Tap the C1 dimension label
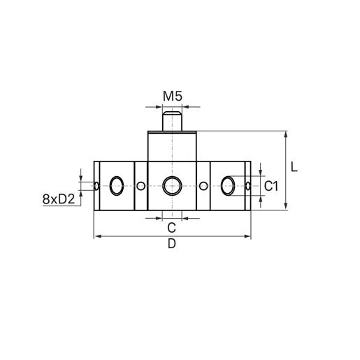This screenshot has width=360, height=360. pyautogui.click(x=272, y=186)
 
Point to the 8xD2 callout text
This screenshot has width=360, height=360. pyautogui.click(x=59, y=199)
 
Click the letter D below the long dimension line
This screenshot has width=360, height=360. pyautogui.click(x=172, y=244)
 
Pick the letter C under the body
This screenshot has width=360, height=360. pyautogui.click(x=171, y=227)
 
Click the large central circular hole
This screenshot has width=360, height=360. pyautogui.click(x=172, y=186)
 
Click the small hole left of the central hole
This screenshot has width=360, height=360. pyautogui.click(x=141, y=186)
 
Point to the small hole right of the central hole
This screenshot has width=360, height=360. pyautogui.click(x=203, y=186)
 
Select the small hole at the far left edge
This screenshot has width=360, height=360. pyautogui.click(x=96, y=186)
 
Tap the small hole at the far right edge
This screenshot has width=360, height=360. pyautogui.click(x=248, y=186)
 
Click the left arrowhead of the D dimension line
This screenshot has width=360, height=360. pyautogui.click(x=96, y=237)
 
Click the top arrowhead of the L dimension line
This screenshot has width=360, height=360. pyautogui.click(x=287, y=134)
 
